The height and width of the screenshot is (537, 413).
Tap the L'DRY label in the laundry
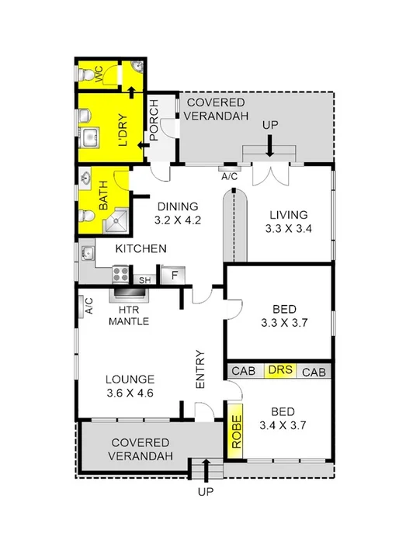[122, 133]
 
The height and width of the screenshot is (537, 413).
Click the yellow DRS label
[279, 371]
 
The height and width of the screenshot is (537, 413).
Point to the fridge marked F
[174, 275]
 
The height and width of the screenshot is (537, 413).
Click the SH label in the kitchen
[144, 280]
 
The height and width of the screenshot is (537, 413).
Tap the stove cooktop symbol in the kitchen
[120, 273]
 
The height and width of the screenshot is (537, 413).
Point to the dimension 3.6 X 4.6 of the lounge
[130, 393]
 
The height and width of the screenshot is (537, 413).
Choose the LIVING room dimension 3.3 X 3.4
[289, 229]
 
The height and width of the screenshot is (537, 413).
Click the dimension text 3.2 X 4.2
[179, 220]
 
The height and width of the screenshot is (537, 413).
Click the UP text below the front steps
[206, 491]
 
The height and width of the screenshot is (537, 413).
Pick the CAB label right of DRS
[314, 372]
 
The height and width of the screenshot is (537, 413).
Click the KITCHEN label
[141, 249]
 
